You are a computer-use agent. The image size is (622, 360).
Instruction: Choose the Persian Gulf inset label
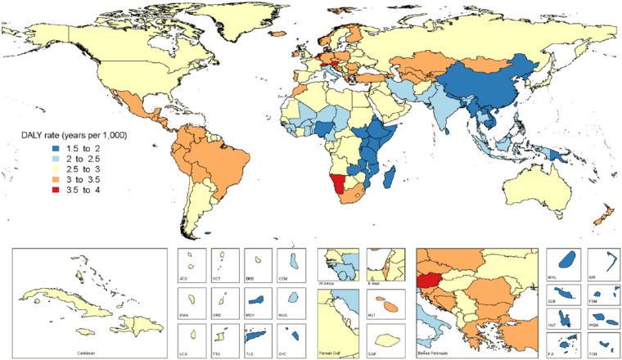pyautogui.click(x=335, y=353)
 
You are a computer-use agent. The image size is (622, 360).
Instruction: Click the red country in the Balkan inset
pyautogui.click(x=430, y=283)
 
